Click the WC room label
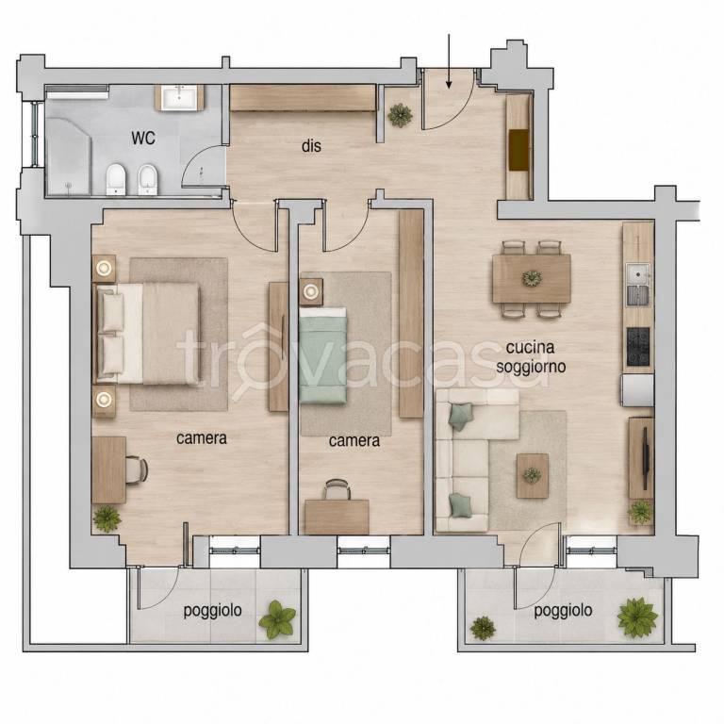pyautogui.click(x=143, y=138)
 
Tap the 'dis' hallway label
pyautogui.click(x=311, y=146)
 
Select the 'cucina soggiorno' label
pyautogui.click(x=531, y=357)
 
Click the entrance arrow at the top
pyautogui.click(x=449, y=61)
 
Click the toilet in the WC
pyautogui.click(x=116, y=179)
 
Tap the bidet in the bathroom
pyautogui.click(x=148, y=179)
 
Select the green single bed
pyautogui.click(x=322, y=355)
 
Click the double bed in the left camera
pyautogui.click(x=148, y=334)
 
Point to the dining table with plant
pyautogui.click(x=532, y=278)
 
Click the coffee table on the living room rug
pyautogui.click(x=533, y=475)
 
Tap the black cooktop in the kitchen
pyautogui.click(x=638, y=346)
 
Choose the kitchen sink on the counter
pyautogui.click(x=637, y=285)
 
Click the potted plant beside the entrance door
pyautogui.click(x=400, y=115)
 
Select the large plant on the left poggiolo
pyautogui.click(x=277, y=619)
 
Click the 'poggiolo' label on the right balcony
pyautogui.click(x=563, y=611)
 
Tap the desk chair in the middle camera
pyautogui.click(x=336, y=489)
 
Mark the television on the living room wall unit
pyautogui.click(x=646, y=452)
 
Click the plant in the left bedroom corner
pyautogui.click(x=107, y=518)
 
